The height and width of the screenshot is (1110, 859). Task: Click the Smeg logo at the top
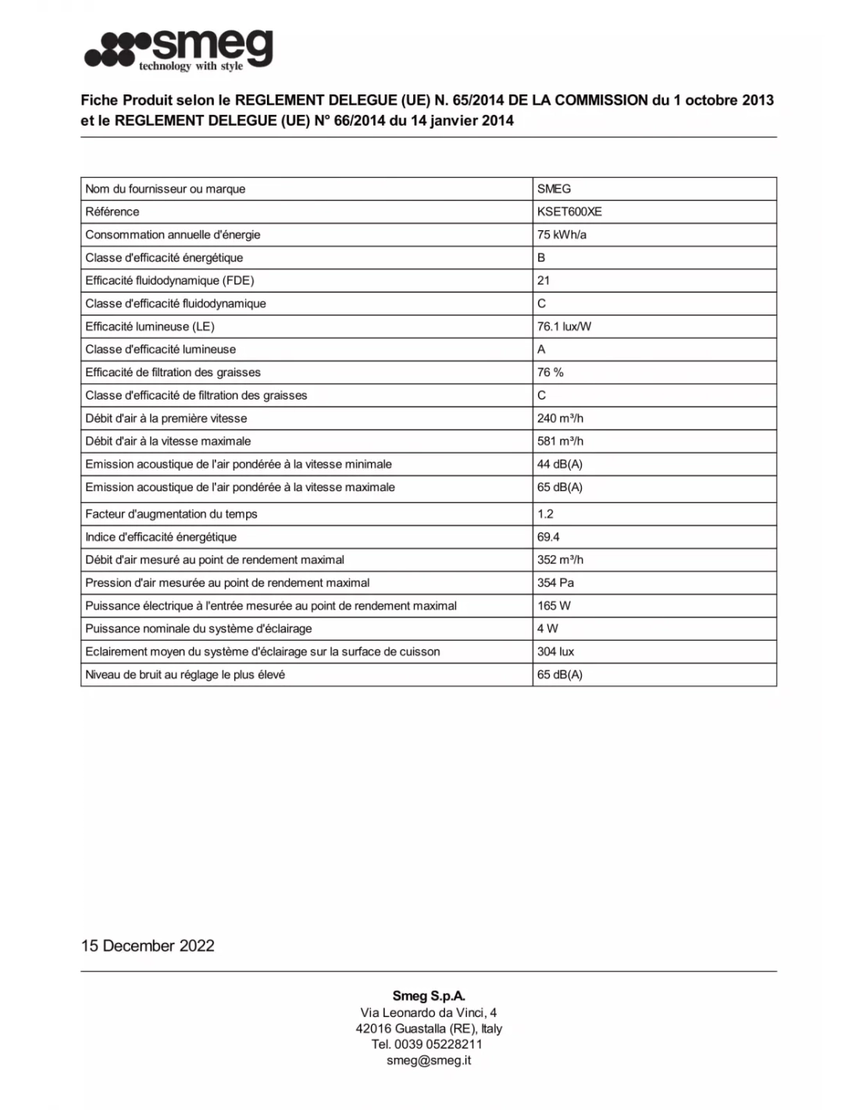tap(179, 50)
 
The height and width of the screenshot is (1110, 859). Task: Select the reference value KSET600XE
tap(569, 212)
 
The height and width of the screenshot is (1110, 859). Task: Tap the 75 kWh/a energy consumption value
tap(561, 234)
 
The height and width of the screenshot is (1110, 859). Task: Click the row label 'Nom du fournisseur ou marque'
tap(166, 189)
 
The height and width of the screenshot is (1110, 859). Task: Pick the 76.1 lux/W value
tap(564, 326)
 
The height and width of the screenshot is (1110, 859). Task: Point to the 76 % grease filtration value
tap(550, 372)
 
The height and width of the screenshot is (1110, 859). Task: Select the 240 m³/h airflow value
tap(560, 418)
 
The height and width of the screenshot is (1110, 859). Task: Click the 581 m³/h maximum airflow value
tap(560, 441)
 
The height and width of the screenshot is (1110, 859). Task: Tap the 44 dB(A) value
tap(559, 464)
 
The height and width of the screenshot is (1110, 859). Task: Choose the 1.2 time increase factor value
tap(545, 514)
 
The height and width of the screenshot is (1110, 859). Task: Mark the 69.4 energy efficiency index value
tap(548, 537)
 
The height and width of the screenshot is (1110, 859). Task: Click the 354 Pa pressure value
tap(555, 582)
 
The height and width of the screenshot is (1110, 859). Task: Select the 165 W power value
tap(554, 606)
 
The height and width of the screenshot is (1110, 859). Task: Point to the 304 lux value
tap(555, 652)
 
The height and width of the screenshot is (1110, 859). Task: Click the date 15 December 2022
tap(148, 945)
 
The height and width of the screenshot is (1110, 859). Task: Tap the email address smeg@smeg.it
tap(429, 1060)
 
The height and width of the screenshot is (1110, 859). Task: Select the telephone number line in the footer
tap(427, 1044)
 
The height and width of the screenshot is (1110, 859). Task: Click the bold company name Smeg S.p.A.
tap(429, 996)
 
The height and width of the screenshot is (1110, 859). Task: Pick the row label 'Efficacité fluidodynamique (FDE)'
tap(169, 280)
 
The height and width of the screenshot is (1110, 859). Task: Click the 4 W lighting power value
tap(547, 628)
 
